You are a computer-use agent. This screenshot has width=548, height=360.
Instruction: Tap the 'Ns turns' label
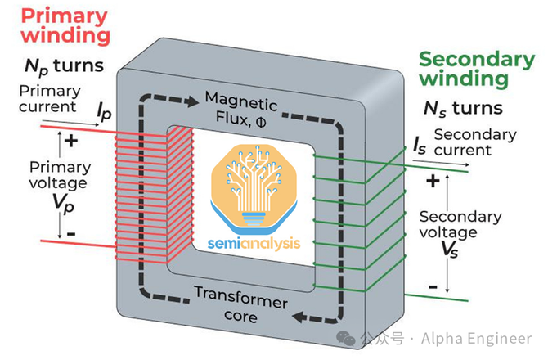click(463, 107)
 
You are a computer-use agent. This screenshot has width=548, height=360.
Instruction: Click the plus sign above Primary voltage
click(72, 140)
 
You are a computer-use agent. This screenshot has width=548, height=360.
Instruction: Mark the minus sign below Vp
click(70, 234)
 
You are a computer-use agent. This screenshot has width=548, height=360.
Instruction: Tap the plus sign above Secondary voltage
click(433, 178)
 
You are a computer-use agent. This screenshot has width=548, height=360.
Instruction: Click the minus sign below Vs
click(433, 286)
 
